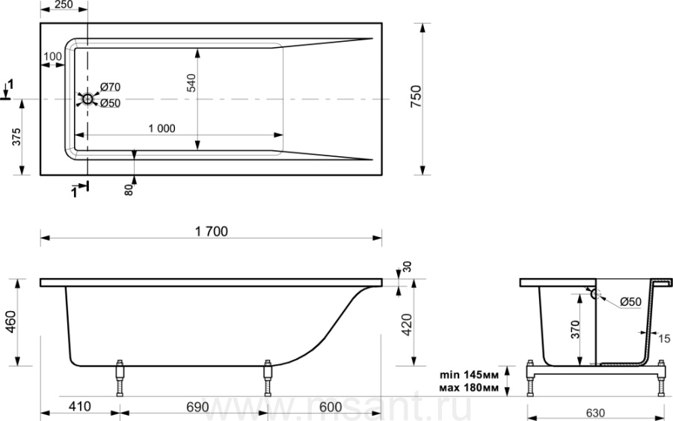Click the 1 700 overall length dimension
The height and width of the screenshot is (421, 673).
(x=211, y=231)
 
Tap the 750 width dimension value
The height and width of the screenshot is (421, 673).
(x=417, y=96)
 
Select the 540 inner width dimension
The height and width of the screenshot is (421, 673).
(x=191, y=83)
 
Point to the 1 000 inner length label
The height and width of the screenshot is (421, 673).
(x=162, y=129)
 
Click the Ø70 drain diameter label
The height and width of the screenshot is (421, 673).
(x=111, y=87)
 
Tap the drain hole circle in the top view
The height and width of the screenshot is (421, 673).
(x=87, y=99)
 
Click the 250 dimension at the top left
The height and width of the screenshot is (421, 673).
(x=64, y=4)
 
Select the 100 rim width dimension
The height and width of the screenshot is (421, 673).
(x=53, y=56)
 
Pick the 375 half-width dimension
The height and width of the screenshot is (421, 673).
(x=16, y=137)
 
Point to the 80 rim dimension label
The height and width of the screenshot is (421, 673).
(x=129, y=190)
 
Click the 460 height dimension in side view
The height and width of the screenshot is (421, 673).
(x=10, y=322)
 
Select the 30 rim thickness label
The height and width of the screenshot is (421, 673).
(x=407, y=266)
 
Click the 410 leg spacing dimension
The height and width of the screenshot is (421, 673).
(x=80, y=406)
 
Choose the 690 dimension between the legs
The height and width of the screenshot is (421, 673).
(x=198, y=406)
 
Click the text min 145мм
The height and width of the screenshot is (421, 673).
(x=469, y=375)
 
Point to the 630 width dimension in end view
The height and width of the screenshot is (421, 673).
(x=595, y=413)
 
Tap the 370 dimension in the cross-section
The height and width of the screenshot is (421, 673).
(x=575, y=330)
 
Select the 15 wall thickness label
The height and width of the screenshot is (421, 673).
(x=664, y=339)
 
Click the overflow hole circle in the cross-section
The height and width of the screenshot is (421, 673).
(x=596, y=294)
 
